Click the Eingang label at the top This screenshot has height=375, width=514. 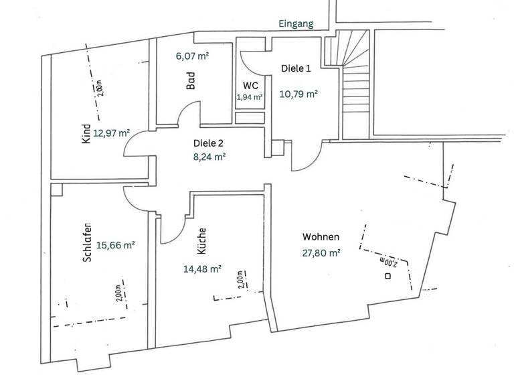click(x=296, y=23)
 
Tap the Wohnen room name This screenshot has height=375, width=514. click(x=321, y=237)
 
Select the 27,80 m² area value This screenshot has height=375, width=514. click(x=321, y=253)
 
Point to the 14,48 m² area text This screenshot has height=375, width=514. click(x=202, y=269)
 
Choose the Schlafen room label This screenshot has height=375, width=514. click(x=87, y=242)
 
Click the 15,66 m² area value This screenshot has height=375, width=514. click(x=116, y=246)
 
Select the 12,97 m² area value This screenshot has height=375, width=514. click(x=111, y=133)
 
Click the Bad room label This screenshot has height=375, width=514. click(x=191, y=82)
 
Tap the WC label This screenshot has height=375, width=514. click(x=251, y=85)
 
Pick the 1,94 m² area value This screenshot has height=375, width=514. click(x=250, y=96)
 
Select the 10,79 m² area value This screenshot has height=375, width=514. click(x=298, y=94)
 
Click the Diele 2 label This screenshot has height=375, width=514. click(x=208, y=143)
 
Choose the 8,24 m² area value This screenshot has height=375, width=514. click(x=208, y=157)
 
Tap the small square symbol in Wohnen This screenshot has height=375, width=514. click(x=386, y=275)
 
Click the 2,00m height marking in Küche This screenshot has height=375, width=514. click(x=240, y=279)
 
